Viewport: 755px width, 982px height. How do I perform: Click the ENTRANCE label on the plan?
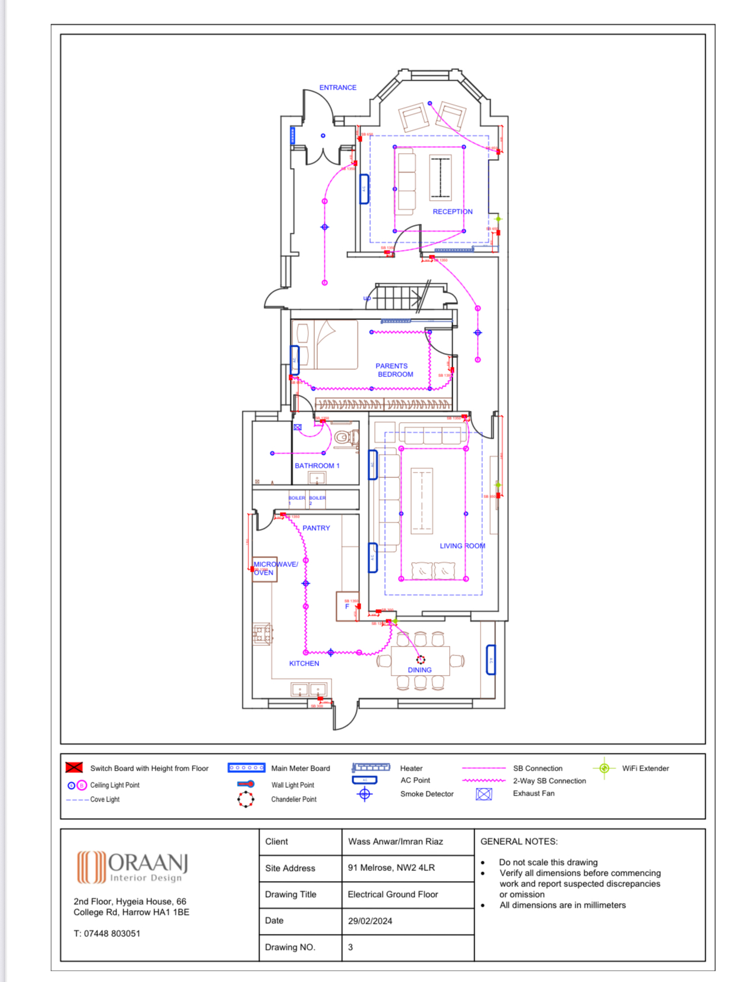pos(337,87)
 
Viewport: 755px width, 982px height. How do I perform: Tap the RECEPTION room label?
pos(452,211)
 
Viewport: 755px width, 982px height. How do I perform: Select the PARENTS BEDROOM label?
pos(394,370)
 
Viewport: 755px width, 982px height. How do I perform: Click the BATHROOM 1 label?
pos(317,465)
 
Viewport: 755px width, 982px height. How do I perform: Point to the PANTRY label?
pos(316,528)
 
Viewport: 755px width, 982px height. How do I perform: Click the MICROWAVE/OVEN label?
pos(274,568)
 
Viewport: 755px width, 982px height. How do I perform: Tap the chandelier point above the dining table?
pos(421,660)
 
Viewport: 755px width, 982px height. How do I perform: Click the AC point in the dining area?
pos(491,660)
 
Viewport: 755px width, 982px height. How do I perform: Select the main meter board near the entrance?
pos(292,135)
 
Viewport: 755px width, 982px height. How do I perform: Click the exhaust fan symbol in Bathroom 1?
pos(298,427)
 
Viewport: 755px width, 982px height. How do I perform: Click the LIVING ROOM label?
pos(462,546)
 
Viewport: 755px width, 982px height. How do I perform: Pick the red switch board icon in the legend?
pos(74,767)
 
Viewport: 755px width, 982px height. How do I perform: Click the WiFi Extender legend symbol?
pos(604,768)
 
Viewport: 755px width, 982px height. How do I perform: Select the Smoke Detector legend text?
pos(427,794)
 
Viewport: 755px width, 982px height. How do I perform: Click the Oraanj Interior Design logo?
pos(132,867)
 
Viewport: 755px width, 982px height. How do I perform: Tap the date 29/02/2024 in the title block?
pos(369,921)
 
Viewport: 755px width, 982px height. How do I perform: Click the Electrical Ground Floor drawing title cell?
pos(393,894)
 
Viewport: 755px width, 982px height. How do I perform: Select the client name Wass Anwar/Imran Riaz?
pos(395,841)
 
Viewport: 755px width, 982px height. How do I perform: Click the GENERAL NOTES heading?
pos(519,841)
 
